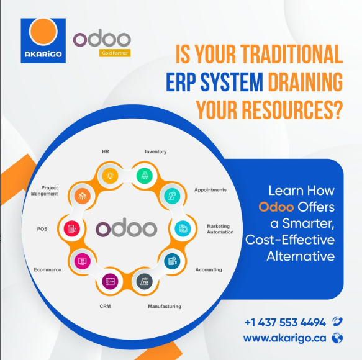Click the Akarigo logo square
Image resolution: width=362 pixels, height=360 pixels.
(43, 40)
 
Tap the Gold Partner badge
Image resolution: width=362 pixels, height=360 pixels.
(115, 53)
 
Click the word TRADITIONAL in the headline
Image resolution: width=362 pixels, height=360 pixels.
(291, 54)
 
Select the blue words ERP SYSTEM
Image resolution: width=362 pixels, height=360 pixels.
(214, 82)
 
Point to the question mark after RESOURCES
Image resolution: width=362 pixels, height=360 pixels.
(338, 110)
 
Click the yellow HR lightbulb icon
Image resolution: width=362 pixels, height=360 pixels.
(110, 176)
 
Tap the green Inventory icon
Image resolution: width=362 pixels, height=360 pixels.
(145, 176)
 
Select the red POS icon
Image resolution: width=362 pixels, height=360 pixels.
(72, 228)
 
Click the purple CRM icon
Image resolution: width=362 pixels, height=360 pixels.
(110, 281)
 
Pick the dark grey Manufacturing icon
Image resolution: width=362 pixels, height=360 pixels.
(145, 281)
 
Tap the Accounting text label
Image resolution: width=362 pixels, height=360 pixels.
(209, 270)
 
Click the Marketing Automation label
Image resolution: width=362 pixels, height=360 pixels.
(220, 229)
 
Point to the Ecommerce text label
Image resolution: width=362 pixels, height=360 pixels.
(48, 269)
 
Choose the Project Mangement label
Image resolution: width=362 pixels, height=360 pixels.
(44, 191)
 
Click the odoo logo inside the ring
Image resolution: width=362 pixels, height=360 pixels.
(127, 227)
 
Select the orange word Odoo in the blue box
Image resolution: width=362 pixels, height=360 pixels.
(276, 207)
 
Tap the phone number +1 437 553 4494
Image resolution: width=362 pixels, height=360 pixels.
(286, 322)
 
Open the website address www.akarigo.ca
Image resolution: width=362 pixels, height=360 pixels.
(285, 338)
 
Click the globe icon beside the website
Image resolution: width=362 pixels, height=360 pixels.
(337, 338)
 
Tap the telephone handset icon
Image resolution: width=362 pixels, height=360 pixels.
(337, 322)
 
